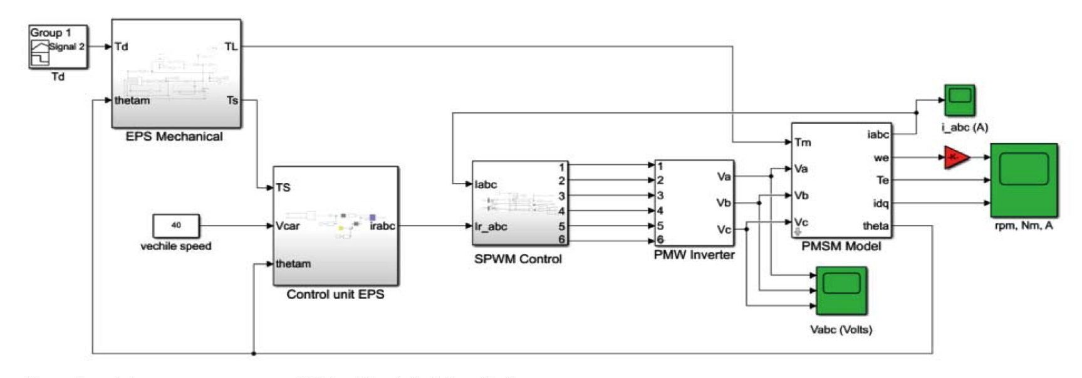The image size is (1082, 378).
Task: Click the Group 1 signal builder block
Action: tap(58, 46)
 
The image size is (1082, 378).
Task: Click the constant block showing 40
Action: tap(176, 226)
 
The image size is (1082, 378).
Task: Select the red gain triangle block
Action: tap(955, 157)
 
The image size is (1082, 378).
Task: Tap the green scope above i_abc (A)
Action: tap(959, 100)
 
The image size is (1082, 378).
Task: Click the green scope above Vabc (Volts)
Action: tap(841, 291)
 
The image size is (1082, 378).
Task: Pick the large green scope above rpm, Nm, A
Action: tap(1024, 180)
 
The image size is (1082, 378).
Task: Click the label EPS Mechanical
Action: tap(174, 137)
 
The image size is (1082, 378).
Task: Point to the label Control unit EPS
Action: tap(335, 294)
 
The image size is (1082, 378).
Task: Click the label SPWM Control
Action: tap(518, 259)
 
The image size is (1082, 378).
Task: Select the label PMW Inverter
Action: tap(694, 255)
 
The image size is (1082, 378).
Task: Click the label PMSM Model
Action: tap(841, 246)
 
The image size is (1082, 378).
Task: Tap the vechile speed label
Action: tap(176, 246)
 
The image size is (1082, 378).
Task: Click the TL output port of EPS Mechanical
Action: tap(231, 46)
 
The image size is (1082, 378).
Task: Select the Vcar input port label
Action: tap(288, 226)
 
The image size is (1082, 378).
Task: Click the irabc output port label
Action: tap(382, 226)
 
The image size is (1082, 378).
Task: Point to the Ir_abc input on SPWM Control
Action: tap(491, 226)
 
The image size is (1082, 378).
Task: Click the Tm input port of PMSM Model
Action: tap(803, 142)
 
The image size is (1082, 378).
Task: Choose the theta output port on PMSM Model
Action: tap(875, 226)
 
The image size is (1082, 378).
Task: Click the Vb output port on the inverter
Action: tap(723, 202)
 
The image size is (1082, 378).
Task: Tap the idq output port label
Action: tap(880, 203)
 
